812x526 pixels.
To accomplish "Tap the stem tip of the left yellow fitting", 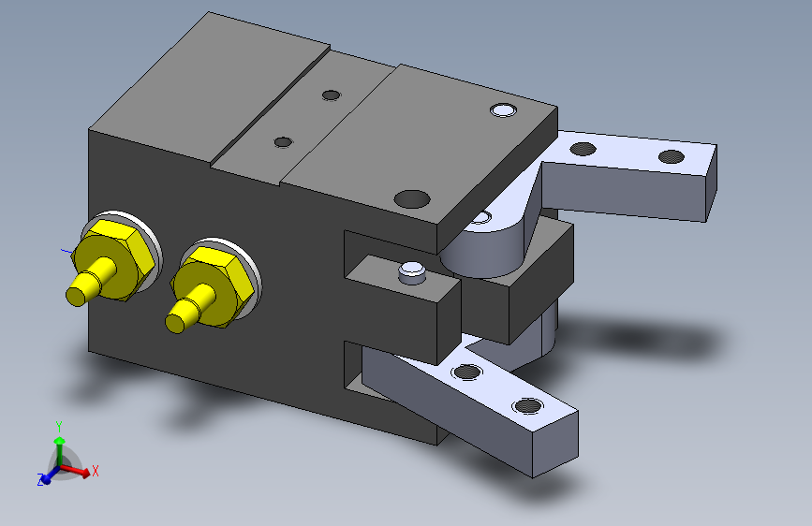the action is pos(76,296).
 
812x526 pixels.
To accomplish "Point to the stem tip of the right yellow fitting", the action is pos(175,323).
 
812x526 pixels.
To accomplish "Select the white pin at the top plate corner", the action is pos(503,110).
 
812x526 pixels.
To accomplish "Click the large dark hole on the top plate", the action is pos(412,198).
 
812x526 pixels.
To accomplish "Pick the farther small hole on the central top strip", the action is pos(331,95).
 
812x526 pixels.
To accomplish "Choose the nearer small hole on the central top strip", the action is pos(283,142).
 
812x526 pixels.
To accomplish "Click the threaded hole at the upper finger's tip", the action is pos(672,155).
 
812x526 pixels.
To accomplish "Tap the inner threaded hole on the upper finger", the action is pos(583,149).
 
